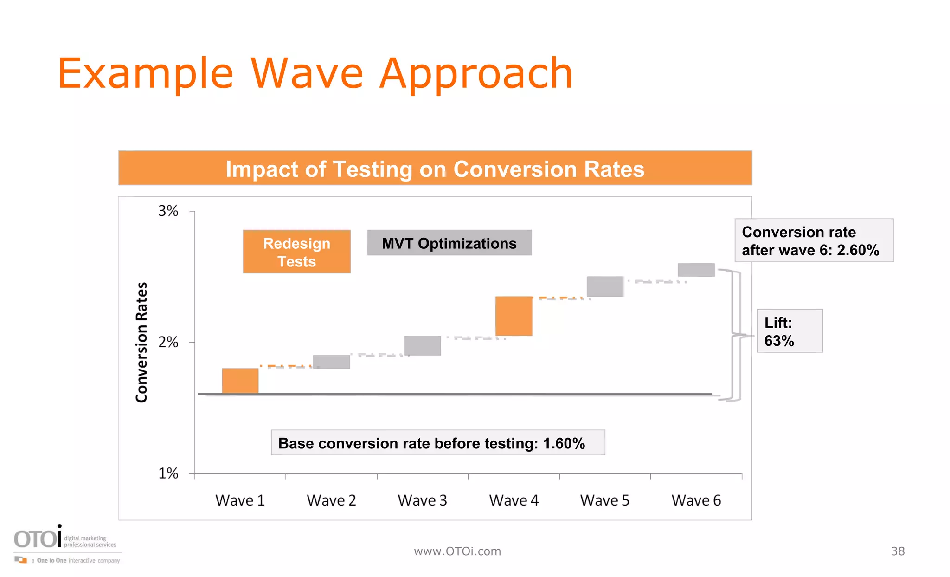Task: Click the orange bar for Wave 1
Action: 240,381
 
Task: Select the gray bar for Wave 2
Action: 331,362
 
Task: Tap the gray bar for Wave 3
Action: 422,345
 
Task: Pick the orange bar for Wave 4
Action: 514,316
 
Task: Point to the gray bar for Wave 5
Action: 605,286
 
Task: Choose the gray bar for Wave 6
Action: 696,270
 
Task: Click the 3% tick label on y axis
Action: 168,211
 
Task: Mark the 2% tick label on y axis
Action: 168,343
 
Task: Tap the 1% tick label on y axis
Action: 168,473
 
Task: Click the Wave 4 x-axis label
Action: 514,500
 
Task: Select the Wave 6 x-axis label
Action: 696,500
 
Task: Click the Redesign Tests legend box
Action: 296,252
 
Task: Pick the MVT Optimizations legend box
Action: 449,243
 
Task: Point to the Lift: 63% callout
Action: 790,331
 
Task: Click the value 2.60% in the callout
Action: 858,250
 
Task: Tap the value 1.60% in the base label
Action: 564,443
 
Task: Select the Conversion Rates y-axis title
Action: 141,342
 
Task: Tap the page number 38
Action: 898,551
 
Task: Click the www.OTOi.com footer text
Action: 457,551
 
